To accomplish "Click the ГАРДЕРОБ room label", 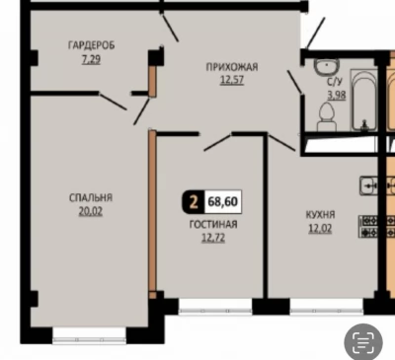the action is tap(91, 45).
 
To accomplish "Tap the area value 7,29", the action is tap(91, 59).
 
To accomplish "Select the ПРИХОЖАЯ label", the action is tap(232, 67).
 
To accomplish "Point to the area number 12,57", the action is tap(232, 80).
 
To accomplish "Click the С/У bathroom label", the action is tap(334, 82).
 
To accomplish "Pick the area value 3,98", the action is tap(336, 96).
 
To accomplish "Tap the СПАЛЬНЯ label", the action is tap(91, 197).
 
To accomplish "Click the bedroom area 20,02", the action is tap(91, 211).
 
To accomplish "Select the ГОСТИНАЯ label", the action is tap(213, 224).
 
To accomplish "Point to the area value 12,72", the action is tap(213, 238).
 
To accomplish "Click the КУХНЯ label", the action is tap(320, 215).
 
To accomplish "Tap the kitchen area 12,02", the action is tap(320, 229).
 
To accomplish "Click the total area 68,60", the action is tap(223, 201).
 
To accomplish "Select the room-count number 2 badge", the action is tap(194, 201).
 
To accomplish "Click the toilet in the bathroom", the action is tap(327, 116).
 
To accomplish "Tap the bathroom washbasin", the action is tap(327, 67).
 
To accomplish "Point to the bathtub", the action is tap(363, 100).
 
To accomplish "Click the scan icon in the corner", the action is tap(363, 341).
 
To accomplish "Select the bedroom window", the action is tap(90, 336).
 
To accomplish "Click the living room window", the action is tap(215, 307).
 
